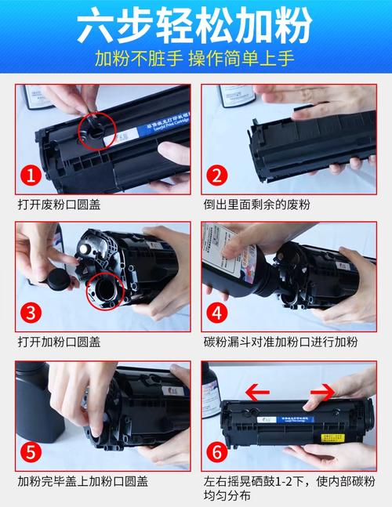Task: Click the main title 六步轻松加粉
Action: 196,25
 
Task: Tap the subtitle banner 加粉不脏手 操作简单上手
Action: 196,59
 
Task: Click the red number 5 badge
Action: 30,452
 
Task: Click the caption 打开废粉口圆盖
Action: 59,205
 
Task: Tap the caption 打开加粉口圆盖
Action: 59,342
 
